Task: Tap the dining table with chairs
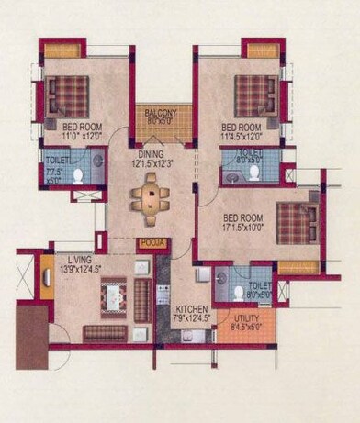click(150, 194)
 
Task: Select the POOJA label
click(150, 243)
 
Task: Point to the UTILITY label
click(246, 317)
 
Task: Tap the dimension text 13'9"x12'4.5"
click(80, 268)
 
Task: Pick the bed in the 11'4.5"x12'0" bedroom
click(255, 95)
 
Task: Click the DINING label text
click(152, 154)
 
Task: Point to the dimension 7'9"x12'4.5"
click(192, 318)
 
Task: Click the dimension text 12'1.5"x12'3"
click(152, 163)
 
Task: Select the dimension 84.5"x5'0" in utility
click(246, 327)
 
